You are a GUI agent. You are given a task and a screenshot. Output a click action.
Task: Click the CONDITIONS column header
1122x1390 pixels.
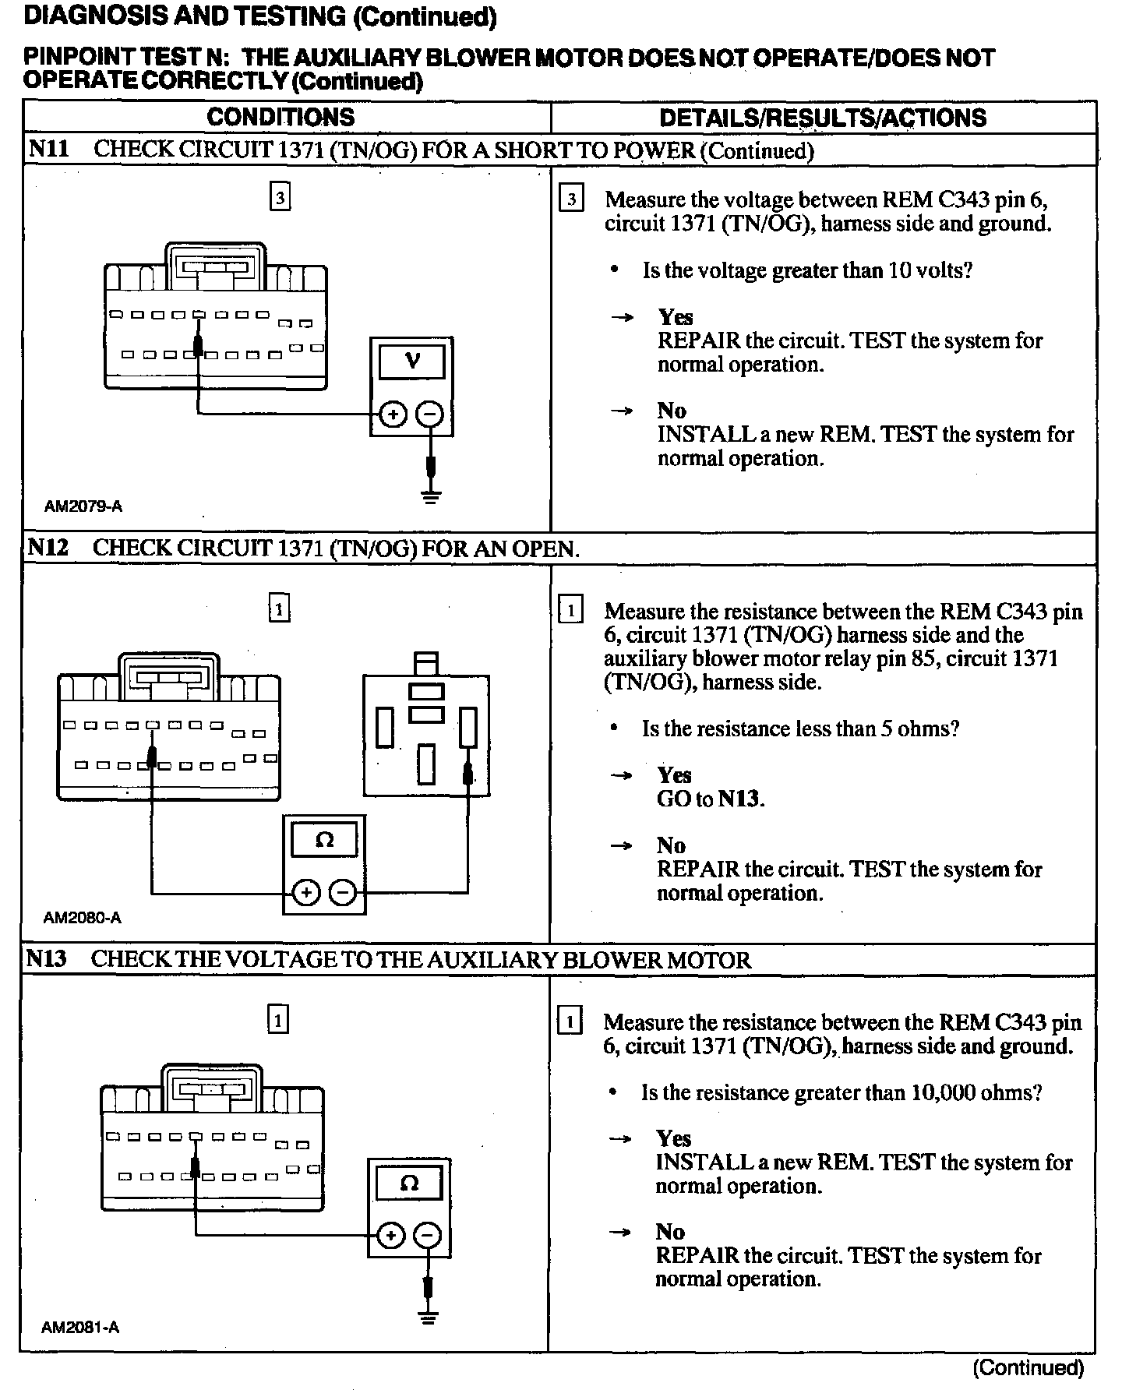click(x=280, y=118)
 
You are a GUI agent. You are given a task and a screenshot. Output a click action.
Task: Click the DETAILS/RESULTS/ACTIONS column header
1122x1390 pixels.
click(x=823, y=118)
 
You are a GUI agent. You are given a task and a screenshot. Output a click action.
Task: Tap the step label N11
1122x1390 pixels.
click(x=49, y=149)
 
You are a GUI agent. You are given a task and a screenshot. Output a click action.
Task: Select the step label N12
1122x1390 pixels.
click(x=48, y=548)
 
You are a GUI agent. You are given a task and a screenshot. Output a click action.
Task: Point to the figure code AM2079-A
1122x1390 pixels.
click(x=83, y=506)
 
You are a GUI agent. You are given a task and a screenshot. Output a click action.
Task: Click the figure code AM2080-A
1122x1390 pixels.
click(x=83, y=918)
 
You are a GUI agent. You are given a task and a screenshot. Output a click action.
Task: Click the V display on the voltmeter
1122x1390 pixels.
click(x=411, y=362)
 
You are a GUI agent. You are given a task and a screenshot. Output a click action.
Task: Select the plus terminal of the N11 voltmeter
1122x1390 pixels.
click(x=393, y=415)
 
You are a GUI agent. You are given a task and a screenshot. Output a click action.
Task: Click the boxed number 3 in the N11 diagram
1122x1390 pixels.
click(x=280, y=197)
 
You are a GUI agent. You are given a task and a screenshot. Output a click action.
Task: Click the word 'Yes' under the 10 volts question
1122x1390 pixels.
click(x=675, y=317)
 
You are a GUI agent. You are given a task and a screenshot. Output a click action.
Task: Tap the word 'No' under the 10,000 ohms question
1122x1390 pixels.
click(x=670, y=1232)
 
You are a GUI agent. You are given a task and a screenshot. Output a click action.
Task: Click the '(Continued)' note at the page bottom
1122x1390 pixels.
click(x=1028, y=1367)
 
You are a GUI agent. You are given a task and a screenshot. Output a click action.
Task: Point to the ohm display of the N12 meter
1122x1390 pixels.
click(x=324, y=840)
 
